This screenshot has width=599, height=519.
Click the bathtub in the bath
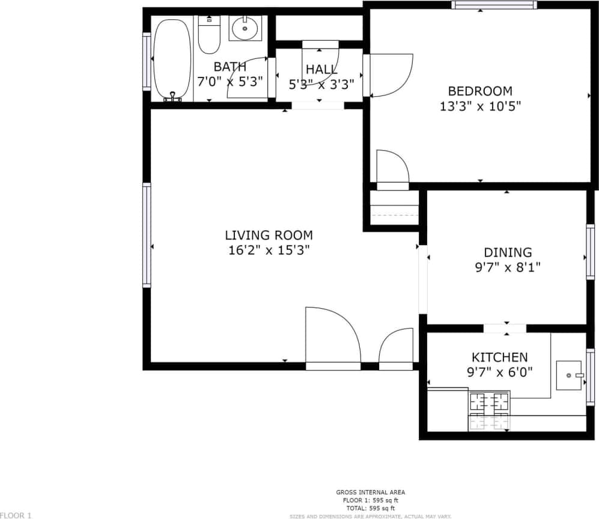click(x=172, y=59)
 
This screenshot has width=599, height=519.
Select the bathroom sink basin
click(x=245, y=28)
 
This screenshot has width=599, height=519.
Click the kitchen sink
click(x=569, y=375)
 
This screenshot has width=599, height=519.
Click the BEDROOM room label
click(x=480, y=91)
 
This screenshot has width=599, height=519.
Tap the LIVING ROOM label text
click(x=269, y=235)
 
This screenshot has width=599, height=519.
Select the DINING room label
click(x=508, y=252)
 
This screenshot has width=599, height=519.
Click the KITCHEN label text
click(x=499, y=357)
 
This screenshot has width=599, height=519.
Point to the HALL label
click(x=321, y=70)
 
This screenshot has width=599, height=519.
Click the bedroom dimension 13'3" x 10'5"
click(x=480, y=107)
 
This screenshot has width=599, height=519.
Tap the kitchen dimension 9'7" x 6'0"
click(x=499, y=372)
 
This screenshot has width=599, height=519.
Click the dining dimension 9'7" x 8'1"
click(x=508, y=267)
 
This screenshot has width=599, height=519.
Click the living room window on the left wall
click(x=146, y=235)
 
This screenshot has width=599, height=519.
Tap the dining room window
click(x=590, y=252)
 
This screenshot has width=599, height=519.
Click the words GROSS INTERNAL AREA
click(x=370, y=493)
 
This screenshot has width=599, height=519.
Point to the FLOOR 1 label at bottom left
click(x=16, y=515)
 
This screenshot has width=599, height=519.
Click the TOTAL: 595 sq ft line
click(x=370, y=508)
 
